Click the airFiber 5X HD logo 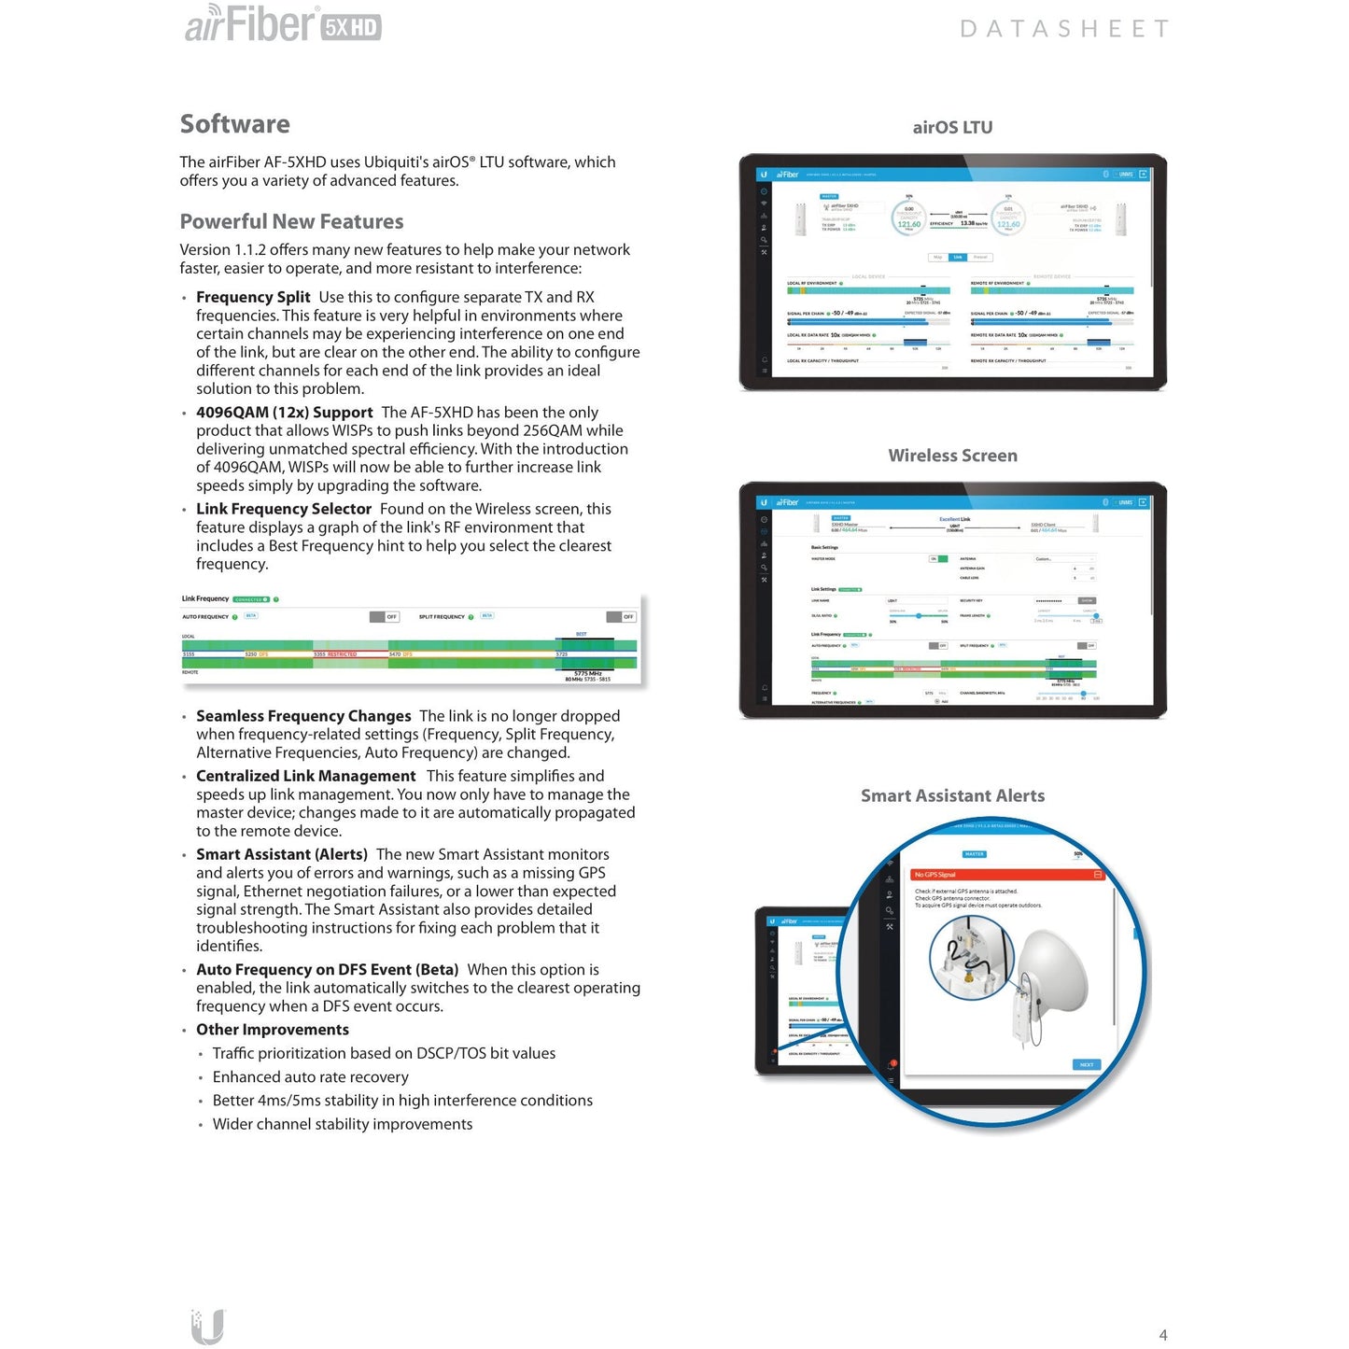(283, 24)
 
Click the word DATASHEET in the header (1063, 29)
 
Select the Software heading (234, 124)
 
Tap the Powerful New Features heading (291, 221)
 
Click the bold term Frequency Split (253, 297)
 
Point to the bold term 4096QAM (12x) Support (284, 413)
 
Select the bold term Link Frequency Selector (284, 509)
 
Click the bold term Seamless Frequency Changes (303, 716)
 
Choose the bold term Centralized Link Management (305, 776)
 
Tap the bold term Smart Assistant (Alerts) (281, 854)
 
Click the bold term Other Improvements (272, 1030)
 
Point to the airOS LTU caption (952, 127)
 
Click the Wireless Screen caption (952, 456)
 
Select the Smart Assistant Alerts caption (952, 795)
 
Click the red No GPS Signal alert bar (1007, 875)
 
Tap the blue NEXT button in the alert (1086, 1064)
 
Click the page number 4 (1163, 1335)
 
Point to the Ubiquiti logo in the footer (207, 1327)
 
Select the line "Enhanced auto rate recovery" (310, 1077)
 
